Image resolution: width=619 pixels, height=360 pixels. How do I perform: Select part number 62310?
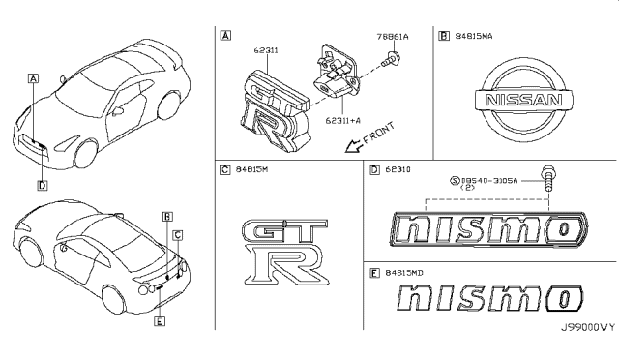[396, 171]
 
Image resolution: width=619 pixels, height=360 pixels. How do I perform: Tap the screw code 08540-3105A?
[492, 180]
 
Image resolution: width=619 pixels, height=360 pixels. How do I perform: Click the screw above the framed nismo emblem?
[549, 180]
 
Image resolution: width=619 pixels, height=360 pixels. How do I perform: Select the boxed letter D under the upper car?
[42, 184]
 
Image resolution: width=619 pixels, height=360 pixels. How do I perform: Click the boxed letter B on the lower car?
[167, 216]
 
